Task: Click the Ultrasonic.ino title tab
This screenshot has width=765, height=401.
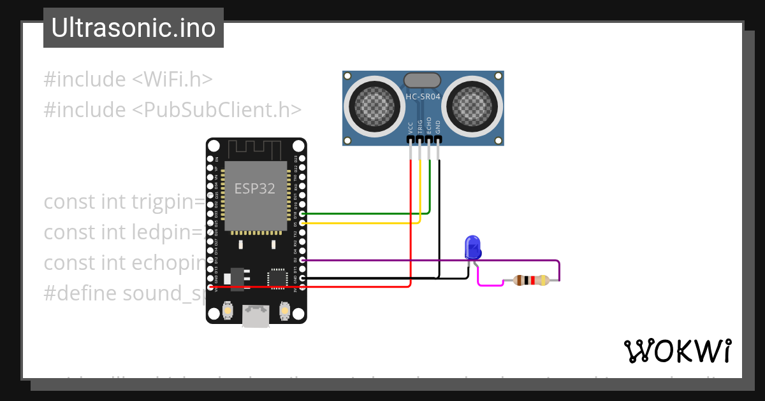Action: point(133,28)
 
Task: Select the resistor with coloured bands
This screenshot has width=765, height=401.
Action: point(531,280)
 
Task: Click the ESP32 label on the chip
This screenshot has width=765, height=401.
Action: point(255,188)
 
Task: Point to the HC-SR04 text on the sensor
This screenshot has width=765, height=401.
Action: point(423,97)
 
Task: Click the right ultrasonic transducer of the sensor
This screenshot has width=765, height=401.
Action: point(472,105)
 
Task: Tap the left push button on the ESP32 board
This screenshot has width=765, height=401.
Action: point(228,311)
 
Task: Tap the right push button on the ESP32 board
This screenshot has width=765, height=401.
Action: point(284,311)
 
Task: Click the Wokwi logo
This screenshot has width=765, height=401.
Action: point(677,351)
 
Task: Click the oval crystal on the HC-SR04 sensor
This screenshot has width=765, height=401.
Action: point(422,80)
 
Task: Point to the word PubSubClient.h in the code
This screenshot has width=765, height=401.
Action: point(217,109)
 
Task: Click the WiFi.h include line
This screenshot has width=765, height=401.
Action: point(127,80)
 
